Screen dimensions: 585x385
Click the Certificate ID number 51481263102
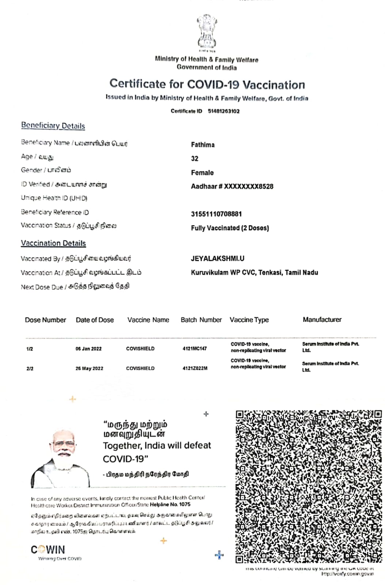coord(224,111)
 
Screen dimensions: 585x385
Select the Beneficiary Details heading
coord(53,126)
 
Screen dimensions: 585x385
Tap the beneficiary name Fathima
coord(203,145)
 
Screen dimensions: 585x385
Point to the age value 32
coord(195,159)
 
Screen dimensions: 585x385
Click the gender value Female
coord(202,173)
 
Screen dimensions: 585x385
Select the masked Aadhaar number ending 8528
coord(232,186)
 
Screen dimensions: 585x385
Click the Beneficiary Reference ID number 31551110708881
coord(216,214)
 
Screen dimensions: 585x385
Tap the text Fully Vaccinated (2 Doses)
coord(230,228)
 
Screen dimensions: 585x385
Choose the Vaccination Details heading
coord(53,244)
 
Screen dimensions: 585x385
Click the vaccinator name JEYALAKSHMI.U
coord(217,258)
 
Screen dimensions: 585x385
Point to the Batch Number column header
coord(201,320)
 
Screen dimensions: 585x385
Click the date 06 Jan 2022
coord(88,349)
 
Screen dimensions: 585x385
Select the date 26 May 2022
coord(89,369)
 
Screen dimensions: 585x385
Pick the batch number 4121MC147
coord(194,349)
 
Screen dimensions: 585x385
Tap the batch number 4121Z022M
coord(195,369)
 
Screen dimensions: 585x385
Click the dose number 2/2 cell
coord(30,369)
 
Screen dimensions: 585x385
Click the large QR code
coord(309,486)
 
